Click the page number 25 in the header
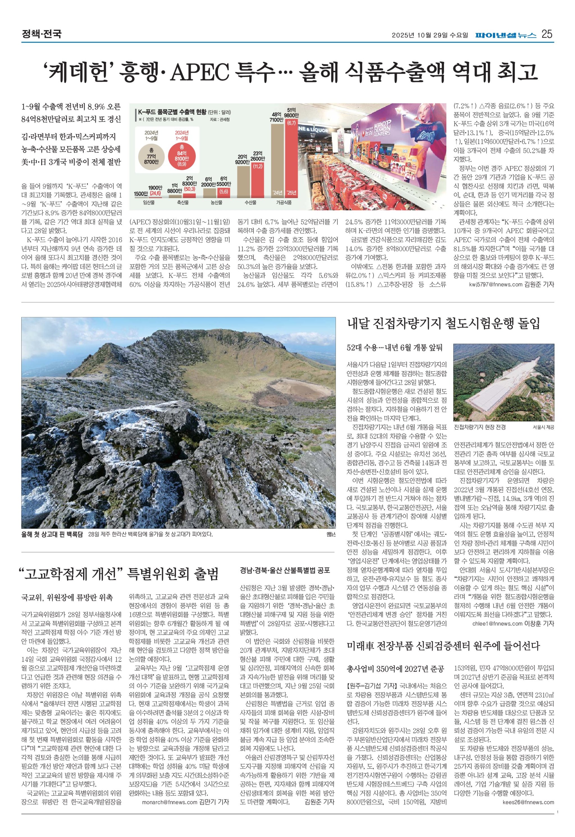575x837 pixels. (x=547, y=34)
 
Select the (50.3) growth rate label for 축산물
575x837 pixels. (x=190, y=189)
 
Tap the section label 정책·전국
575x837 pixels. (x=42, y=34)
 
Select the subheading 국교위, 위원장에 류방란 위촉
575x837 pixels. (x=67, y=598)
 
